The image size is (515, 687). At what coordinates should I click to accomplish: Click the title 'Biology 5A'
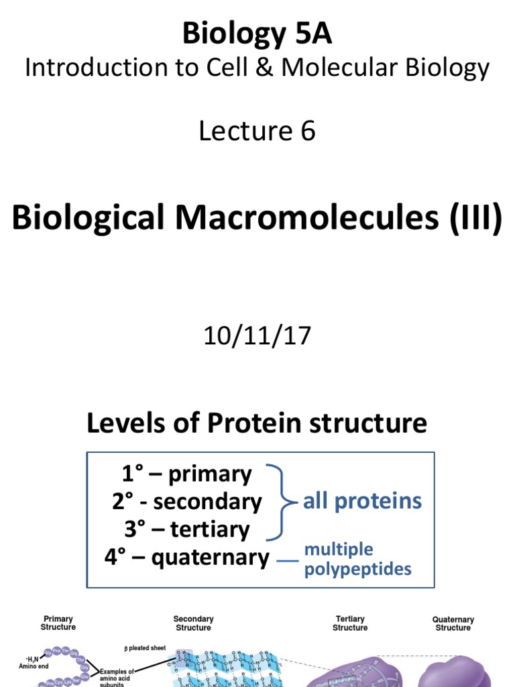(257, 34)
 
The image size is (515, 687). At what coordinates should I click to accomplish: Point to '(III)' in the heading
(469, 220)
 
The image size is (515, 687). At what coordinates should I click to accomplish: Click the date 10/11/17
(257, 335)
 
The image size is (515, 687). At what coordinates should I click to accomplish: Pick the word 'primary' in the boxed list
(210, 474)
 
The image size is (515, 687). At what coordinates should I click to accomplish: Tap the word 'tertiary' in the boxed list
(210, 529)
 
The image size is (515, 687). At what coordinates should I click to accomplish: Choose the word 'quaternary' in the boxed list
(210, 557)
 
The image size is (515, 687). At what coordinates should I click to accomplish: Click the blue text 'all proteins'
(362, 501)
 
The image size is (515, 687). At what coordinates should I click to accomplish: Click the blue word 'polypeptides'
(357, 570)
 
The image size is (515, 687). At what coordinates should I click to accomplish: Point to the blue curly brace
(282, 501)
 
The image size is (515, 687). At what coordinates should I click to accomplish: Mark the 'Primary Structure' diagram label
(58, 623)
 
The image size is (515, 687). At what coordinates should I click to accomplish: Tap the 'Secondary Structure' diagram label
(193, 623)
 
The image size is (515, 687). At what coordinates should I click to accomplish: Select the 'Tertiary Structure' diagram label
(350, 623)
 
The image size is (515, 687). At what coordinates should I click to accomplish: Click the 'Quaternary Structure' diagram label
(453, 624)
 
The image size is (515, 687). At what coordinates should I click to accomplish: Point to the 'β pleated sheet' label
(145, 649)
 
